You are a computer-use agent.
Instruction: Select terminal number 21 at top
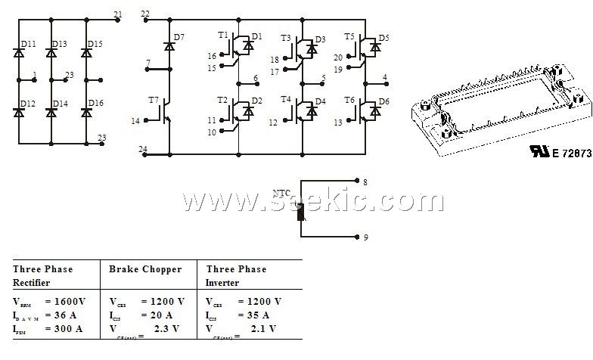click(x=116, y=14)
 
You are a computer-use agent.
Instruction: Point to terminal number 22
click(x=145, y=14)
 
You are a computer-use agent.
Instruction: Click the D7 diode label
click(x=179, y=37)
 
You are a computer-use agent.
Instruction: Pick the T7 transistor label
click(x=154, y=100)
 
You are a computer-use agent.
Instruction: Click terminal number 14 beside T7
click(x=135, y=121)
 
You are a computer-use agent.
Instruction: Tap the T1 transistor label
click(x=222, y=36)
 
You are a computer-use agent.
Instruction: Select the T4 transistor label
click(x=285, y=100)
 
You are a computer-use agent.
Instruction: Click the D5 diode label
click(x=384, y=37)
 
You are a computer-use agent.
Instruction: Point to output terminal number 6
click(x=256, y=78)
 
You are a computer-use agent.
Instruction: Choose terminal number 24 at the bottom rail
click(x=143, y=148)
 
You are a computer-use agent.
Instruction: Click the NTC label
click(x=281, y=193)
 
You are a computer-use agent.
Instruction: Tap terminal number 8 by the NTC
click(x=365, y=182)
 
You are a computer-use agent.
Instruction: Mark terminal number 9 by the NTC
click(x=365, y=237)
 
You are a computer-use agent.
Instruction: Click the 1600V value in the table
click(x=70, y=301)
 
